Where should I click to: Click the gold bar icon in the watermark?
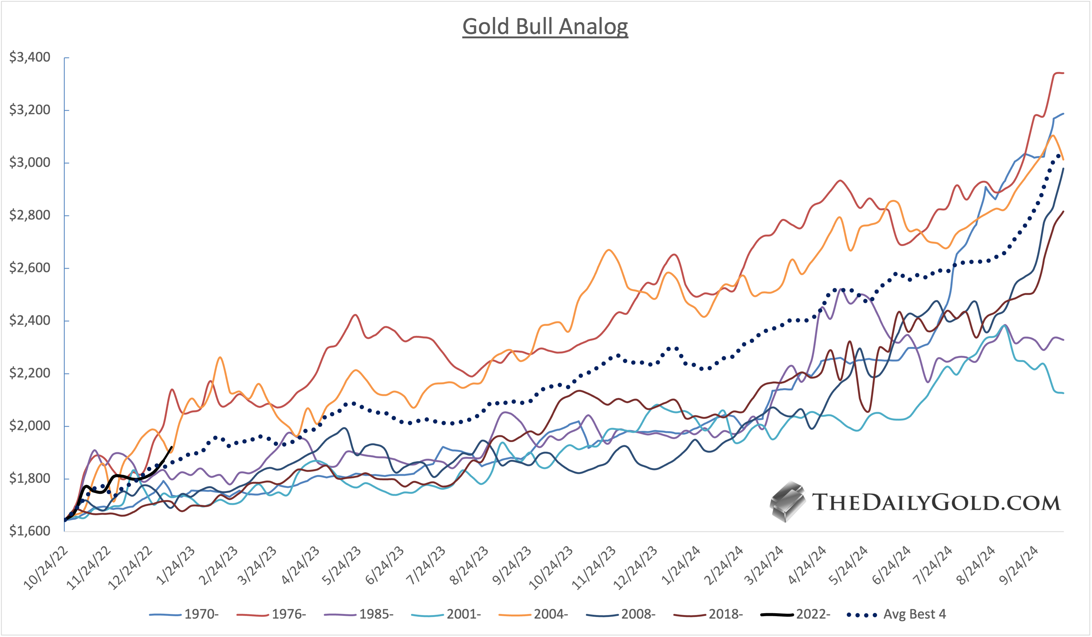787,502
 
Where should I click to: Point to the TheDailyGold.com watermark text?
936,503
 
